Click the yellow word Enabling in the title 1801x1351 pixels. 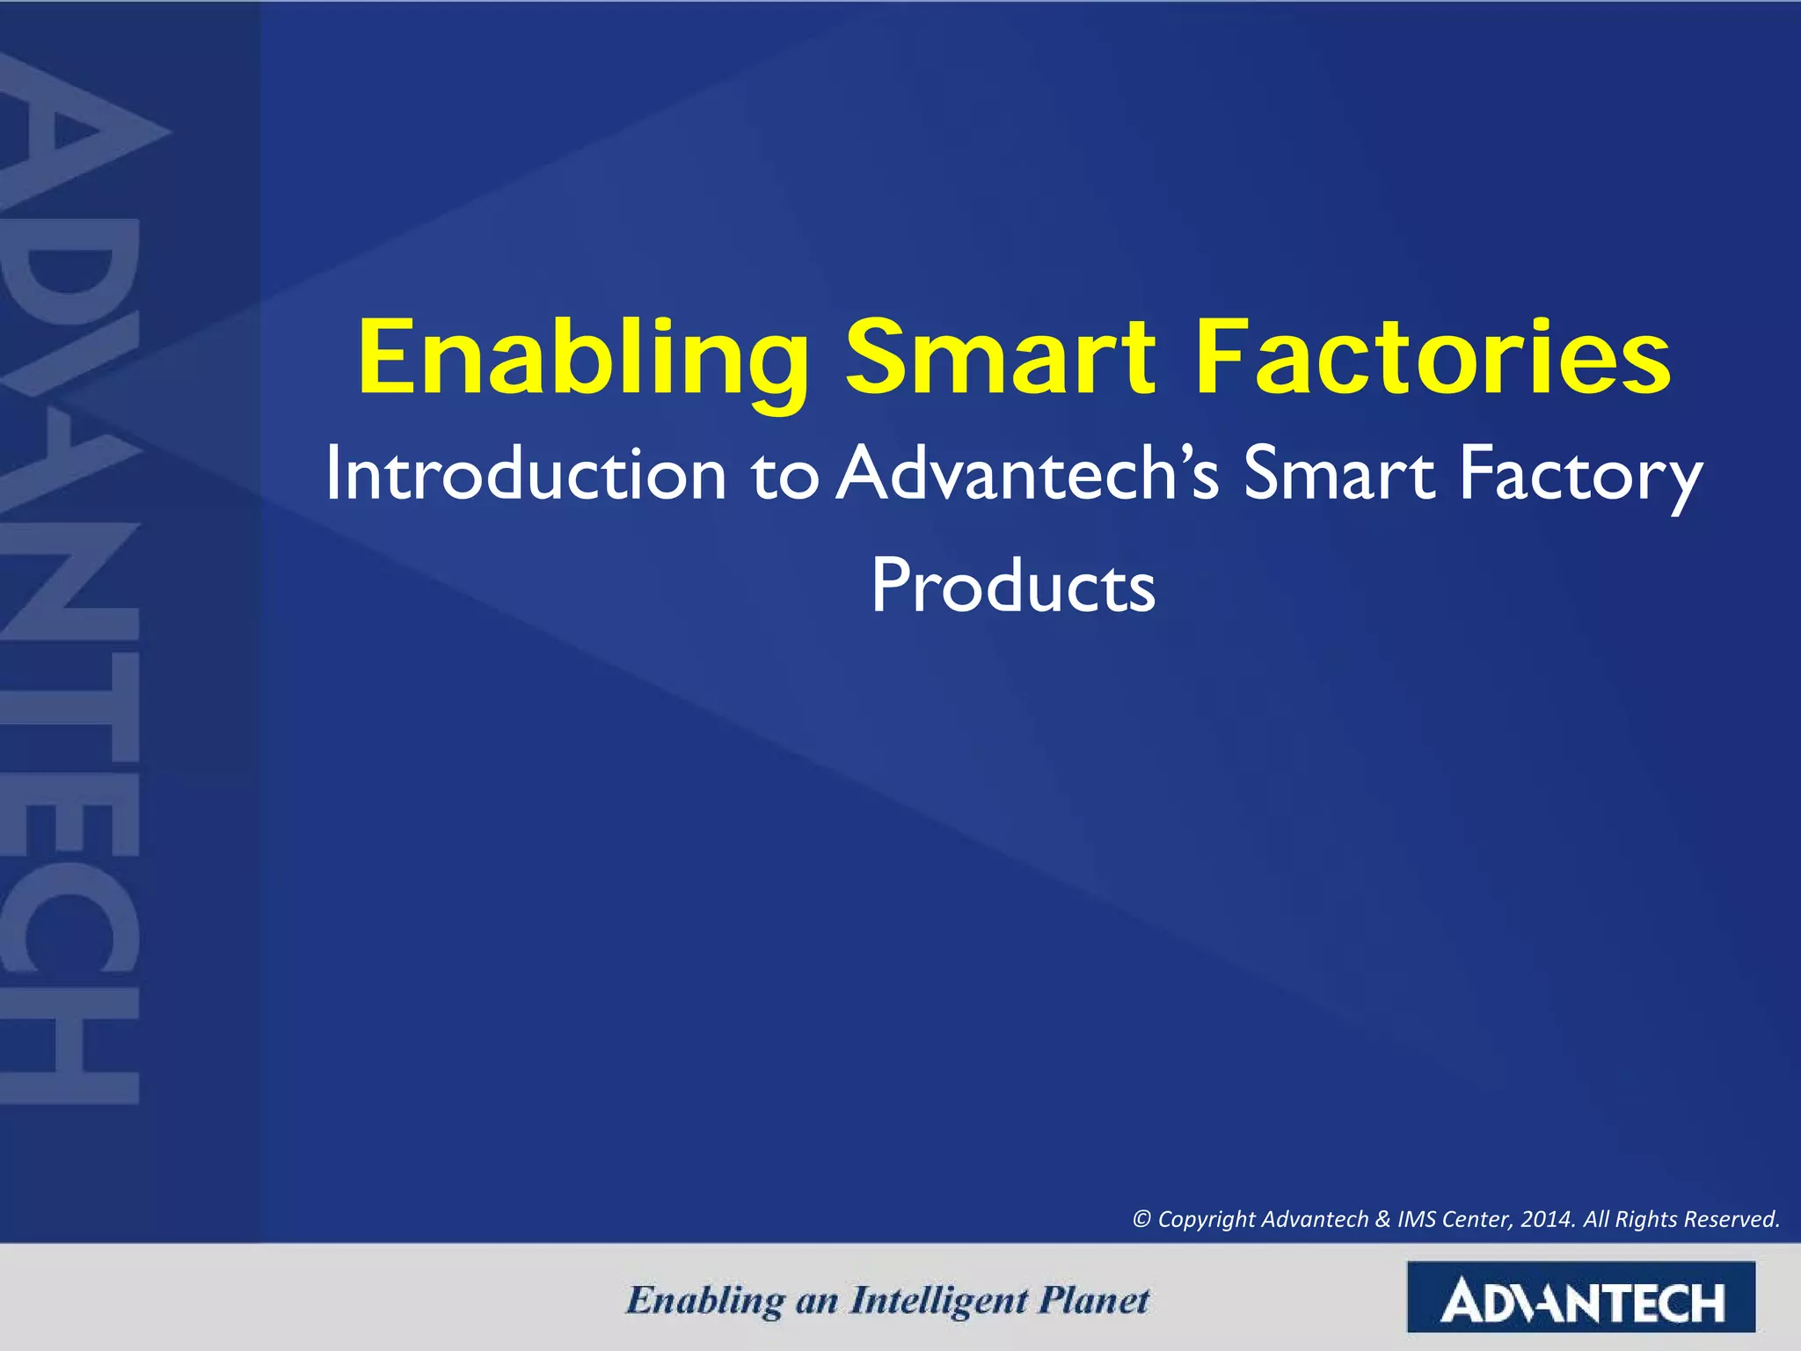coord(582,359)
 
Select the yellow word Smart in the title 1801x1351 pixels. coord(1000,359)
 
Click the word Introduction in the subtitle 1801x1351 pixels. coord(525,475)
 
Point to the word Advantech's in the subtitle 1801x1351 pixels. coord(1027,475)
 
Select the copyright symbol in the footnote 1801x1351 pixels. coord(1141,1219)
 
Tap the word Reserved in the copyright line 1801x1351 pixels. coord(1732,1219)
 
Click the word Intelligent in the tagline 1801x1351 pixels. coord(938,1301)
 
